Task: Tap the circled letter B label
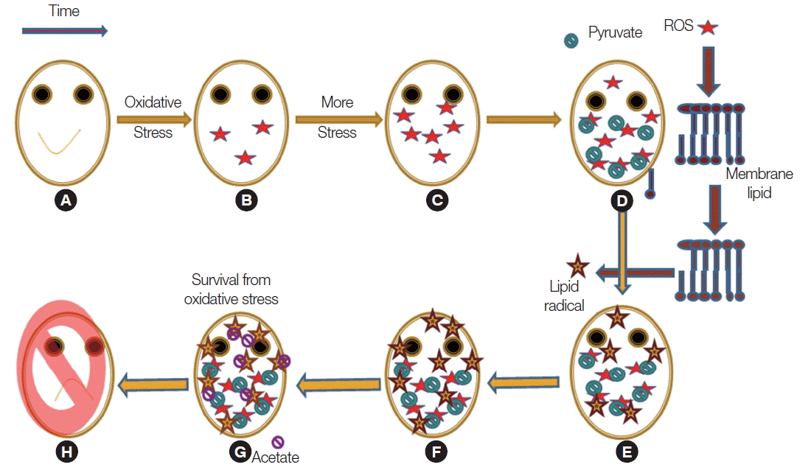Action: (x=246, y=200)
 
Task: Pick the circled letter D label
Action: (x=623, y=200)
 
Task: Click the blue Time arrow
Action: (x=65, y=31)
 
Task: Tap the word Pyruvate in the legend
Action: (x=616, y=32)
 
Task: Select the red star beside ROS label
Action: (x=708, y=27)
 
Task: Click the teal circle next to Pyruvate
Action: (x=571, y=41)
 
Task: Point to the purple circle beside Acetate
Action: (x=278, y=442)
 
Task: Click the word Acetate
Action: (x=276, y=457)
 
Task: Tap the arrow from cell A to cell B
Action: (x=153, y=117)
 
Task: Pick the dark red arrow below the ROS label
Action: (x=709, y=71)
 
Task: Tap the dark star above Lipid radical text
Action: (x=577, y=266)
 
